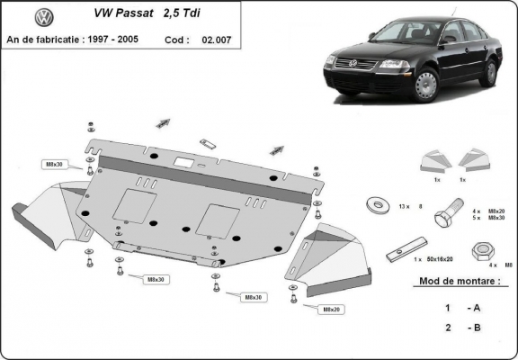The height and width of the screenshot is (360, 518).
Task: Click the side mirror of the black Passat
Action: click(446, 40)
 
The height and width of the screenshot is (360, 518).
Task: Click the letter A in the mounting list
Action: click(476, 307)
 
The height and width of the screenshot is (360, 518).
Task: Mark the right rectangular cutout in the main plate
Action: click(221, 216)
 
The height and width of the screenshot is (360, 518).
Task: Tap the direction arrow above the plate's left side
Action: click(163, 121)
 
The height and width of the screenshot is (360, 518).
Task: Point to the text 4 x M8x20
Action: click(489, 211)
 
